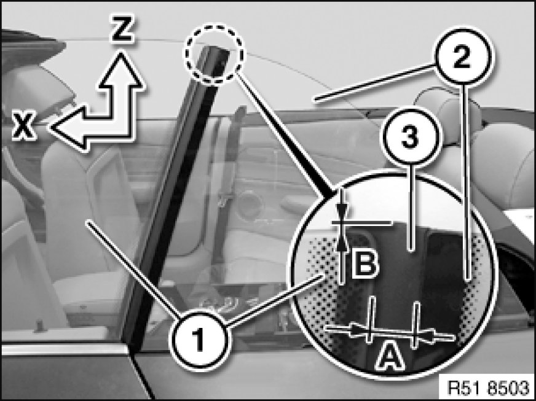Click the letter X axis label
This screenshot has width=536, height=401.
click(23, 125)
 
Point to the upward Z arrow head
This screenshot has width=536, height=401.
click(120, 69)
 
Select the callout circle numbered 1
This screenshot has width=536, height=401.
click(199, 340)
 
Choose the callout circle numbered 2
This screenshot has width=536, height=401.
click(463, 56)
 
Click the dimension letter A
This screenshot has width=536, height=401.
click(390, 357)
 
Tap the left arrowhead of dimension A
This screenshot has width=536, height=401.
click(359, 331)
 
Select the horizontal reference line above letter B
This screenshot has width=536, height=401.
click(361, 223)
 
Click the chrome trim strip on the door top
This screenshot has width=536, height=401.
click(65, 349)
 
